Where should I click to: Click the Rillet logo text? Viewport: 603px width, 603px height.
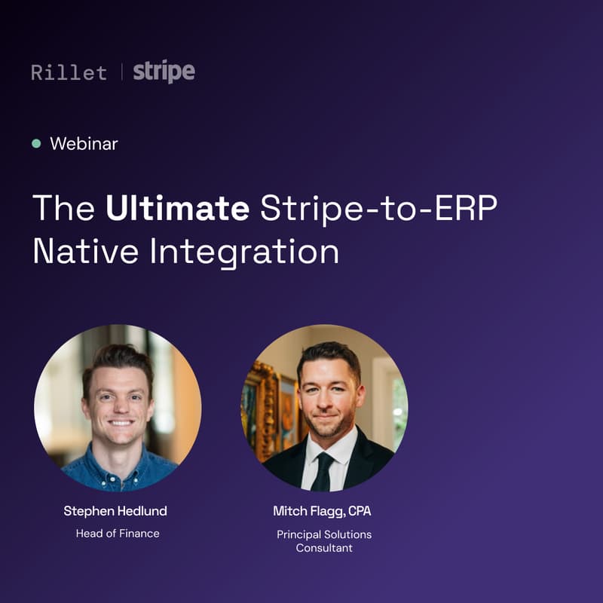click(x=69, y=72)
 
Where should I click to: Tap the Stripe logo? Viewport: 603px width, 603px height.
click(x=164, y=72)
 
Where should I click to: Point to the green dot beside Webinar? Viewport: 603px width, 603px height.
click(x=36, y=143)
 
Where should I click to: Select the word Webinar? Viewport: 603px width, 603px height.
click(x=84, y=143)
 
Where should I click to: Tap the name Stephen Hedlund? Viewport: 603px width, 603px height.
click(x=115, y=511)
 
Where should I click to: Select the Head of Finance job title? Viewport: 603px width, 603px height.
click(x=118, y=534)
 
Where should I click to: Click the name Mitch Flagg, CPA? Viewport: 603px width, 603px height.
click(x=322, y=511)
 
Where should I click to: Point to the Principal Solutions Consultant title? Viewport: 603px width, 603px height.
click(x=324, y=541)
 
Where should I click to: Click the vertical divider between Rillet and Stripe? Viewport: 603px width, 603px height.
click(x=121, y=72)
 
